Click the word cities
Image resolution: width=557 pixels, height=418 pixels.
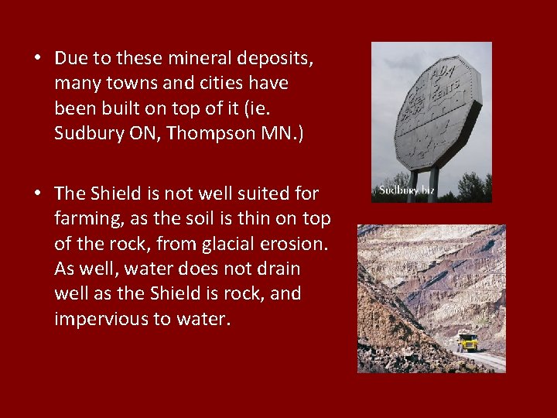coord(219,83)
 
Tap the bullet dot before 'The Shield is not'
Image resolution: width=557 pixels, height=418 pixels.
coord(37,194)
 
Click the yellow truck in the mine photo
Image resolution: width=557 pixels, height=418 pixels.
coord(466,341)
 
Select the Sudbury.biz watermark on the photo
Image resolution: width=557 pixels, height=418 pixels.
coord(407,190)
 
